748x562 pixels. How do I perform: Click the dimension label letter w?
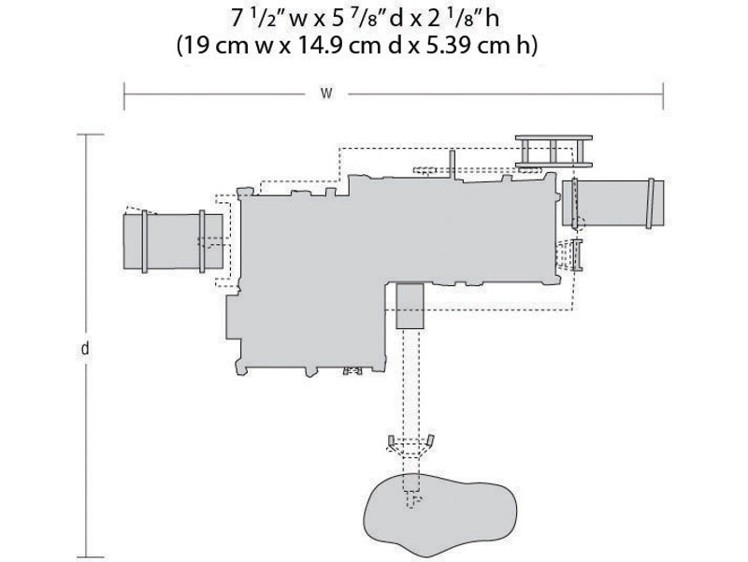[326, 94]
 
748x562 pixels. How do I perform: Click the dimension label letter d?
[85, 349]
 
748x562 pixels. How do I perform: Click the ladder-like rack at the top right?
[554, 151]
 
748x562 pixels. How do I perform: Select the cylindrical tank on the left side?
[173, 241]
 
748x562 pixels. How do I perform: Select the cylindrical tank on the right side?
[613, 203]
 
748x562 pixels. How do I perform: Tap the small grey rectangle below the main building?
[410, 306]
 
